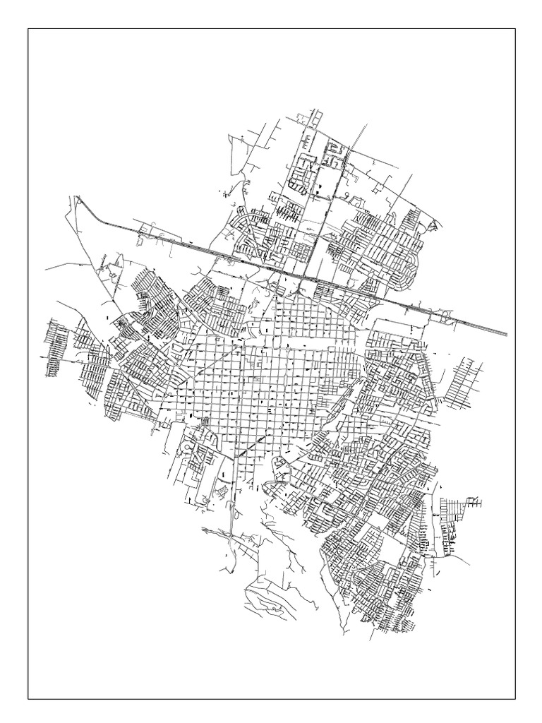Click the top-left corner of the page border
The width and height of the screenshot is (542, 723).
click(28, 29)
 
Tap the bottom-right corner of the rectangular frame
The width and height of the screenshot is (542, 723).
click(515, 699)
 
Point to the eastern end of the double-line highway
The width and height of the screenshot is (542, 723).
click(506, 333)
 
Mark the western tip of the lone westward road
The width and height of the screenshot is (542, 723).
click(46, 270)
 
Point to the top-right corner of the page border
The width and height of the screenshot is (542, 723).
click(515, 29)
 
